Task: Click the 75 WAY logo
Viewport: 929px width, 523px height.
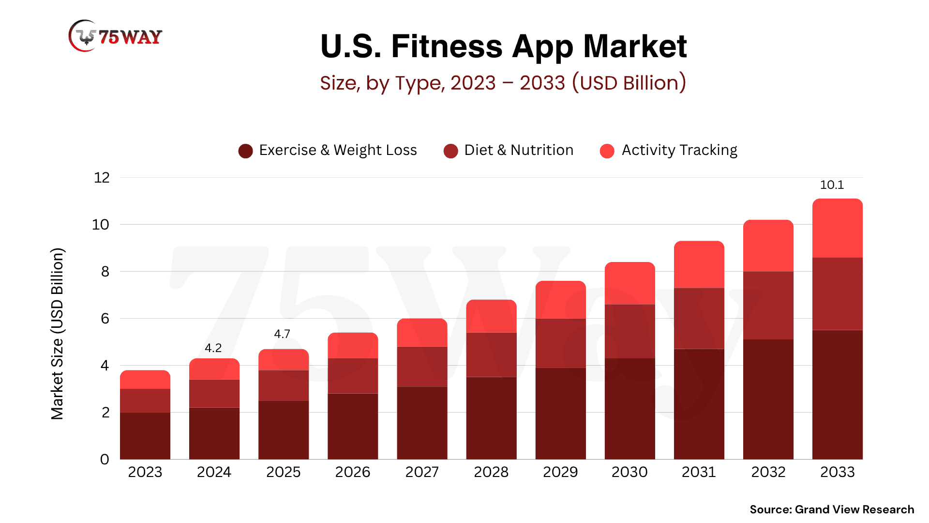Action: tap(116, 36)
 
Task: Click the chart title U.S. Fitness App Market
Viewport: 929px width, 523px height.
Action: tap(503, 46)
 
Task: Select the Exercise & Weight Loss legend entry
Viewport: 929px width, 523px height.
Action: tap(328, 151)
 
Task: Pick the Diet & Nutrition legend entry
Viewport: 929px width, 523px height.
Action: tap(509, 151)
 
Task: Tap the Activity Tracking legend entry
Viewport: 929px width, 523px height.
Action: tap(669, 151)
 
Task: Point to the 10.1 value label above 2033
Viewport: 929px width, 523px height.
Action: tap(832, 185)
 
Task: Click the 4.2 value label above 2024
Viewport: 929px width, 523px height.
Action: tap(213, 348)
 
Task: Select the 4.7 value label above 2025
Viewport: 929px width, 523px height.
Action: tap(282, 334)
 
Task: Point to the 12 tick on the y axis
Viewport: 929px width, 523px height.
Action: tap(102, 178)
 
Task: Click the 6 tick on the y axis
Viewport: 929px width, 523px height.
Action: tap(105, 319)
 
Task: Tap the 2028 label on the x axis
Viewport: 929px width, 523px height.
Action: tap(491, 472)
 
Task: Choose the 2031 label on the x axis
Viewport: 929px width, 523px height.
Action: tap(699, 472)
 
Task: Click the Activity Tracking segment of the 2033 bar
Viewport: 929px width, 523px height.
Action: tap(838, 228)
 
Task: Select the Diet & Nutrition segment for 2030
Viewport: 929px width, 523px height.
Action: tap(630, 331)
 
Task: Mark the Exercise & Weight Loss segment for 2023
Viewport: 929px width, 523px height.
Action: tap(145, 436)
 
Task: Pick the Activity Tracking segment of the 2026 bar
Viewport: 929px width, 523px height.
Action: tap(353, 346)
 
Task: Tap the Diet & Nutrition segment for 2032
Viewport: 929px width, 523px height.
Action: tap(768, 305)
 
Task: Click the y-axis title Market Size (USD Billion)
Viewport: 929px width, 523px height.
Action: tap(57, 334)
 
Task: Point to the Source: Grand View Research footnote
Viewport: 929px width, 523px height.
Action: tap(832, 509)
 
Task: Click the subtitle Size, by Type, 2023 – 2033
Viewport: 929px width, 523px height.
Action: tap(503, 83)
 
